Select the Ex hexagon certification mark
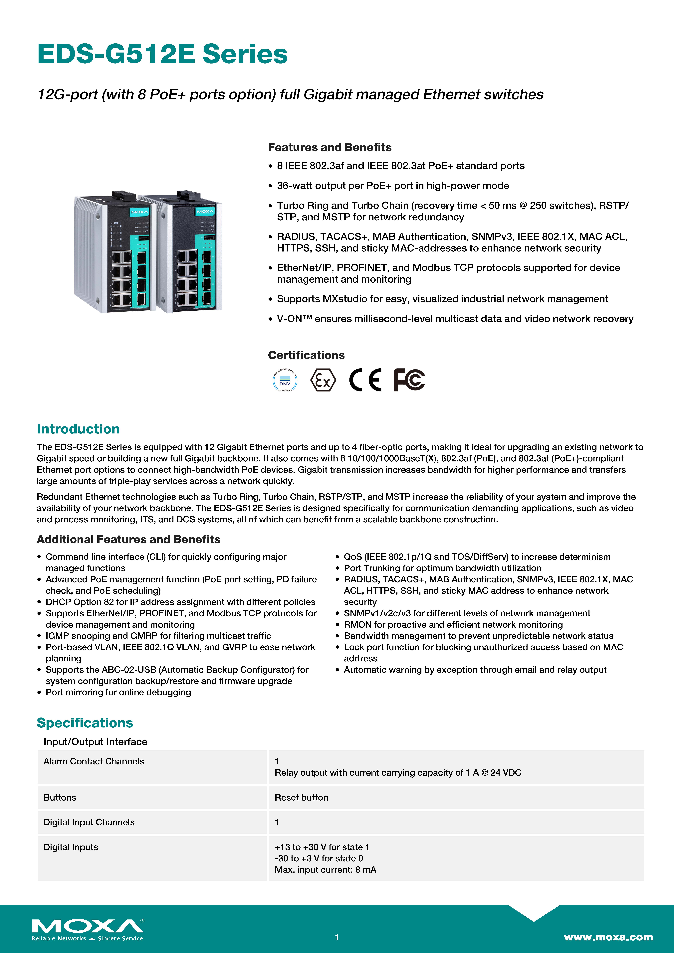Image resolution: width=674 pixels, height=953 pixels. coord(323,380)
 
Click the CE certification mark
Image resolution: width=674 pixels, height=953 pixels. coord(365,380)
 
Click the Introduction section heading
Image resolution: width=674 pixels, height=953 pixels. coord(78,429)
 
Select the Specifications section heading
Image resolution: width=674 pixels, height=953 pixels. coord(85,723)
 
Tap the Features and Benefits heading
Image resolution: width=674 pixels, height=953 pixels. coord(329,147)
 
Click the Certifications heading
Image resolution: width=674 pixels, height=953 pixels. coord(306,355)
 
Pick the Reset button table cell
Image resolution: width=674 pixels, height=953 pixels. coord(302,797)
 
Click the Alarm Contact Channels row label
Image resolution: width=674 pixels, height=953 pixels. coord(93,761)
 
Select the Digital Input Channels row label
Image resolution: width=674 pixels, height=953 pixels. coord(89,822)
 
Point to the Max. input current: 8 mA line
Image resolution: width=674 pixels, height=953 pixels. coord(325,870)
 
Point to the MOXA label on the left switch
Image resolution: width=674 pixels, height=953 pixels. coord(139,212)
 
